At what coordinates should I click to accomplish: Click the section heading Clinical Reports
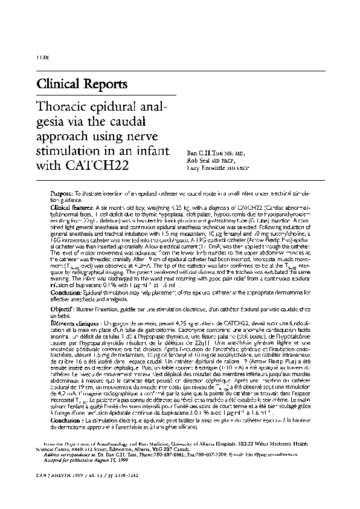point(82,83)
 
